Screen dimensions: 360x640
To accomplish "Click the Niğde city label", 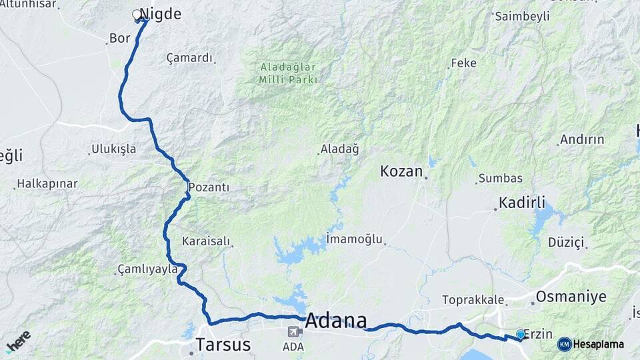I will tap(161, 14).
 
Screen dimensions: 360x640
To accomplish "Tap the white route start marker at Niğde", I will tap(137, 14).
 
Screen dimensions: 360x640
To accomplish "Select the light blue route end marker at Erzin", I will tap(521, 334).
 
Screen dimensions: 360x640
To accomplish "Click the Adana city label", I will tap(335, 321).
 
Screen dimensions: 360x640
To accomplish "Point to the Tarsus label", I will tap(223, 345).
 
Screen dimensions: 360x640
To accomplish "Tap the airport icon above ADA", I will tap(293, 332).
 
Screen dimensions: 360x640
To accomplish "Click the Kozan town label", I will tap(401, 171).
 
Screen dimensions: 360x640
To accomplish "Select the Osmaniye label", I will tap(571, 296).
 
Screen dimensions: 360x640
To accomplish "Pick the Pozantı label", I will tap(209, 187).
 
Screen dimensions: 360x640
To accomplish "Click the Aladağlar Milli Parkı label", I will tap(287, 73).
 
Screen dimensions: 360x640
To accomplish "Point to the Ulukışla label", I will tap(114, 149).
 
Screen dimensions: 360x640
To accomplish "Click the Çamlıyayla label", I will tap(147, 269).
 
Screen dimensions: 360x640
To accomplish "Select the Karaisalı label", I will tap(205, 241).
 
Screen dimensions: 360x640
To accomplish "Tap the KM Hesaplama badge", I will tap(591, 344).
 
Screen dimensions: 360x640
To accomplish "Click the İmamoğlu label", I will tap(354, 239).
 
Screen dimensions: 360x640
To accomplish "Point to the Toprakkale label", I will tap(473, 300).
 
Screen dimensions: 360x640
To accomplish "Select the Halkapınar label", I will tap(47, 183).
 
